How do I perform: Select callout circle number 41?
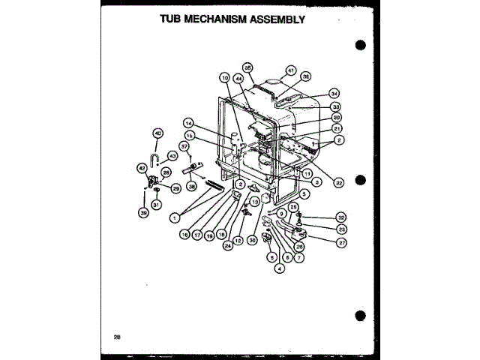pos(292,70)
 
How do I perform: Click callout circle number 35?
pos(248,67)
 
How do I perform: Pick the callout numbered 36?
pos(305,77)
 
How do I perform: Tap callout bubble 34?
pos(334,94)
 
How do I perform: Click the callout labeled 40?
pos(157,133)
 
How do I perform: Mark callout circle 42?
pos(142,169)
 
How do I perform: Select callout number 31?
pos(156,204)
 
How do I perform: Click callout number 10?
pos(223,78)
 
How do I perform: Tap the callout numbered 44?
pos(238,78)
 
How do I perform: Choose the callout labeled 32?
pos(340,217)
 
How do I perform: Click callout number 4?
pos(279,267)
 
